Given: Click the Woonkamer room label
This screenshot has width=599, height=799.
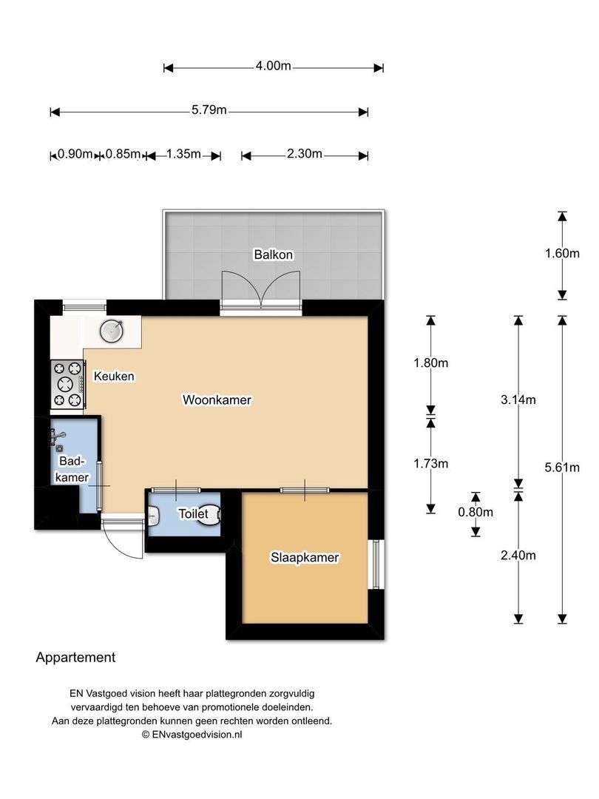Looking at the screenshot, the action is coord(217,400).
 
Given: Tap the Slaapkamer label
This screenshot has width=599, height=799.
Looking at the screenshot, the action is coord(305,558).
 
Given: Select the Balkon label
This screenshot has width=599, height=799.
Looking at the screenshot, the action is coord(274,254).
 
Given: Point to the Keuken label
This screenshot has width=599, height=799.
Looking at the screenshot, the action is coord(114,376).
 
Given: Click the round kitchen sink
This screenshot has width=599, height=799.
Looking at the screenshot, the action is coord(112,331).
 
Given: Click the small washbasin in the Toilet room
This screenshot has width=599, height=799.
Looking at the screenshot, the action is coord(153,518).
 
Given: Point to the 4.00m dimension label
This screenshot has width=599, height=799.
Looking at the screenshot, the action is coord(273,66).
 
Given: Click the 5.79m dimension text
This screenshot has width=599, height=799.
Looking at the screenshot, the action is coord(209,110).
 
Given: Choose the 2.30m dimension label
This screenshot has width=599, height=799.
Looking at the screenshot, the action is coord(304,153).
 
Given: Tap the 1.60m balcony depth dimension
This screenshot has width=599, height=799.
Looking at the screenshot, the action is coord(562,253).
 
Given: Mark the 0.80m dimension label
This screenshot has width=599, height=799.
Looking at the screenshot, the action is coord(476,512).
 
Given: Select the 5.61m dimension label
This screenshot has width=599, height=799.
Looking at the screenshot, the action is coord(562,468).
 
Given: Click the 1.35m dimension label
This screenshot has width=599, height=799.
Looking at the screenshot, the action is coord(183,153).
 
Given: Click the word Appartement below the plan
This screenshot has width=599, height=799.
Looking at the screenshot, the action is coord(75,658).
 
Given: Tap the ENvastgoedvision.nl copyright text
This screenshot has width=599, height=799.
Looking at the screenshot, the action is coord(192,735).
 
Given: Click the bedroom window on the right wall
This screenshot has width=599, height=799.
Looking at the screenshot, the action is coord(376,564).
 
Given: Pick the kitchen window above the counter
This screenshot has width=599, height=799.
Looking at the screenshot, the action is coord(84,307).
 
